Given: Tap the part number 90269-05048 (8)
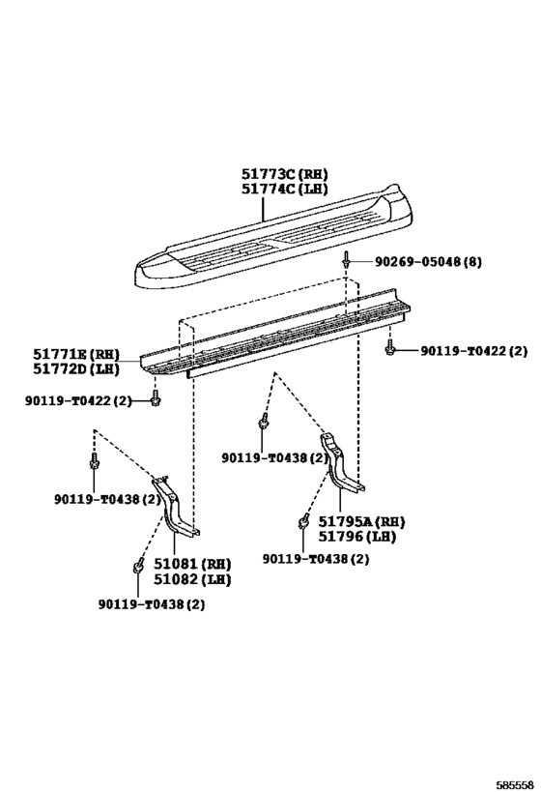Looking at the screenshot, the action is [427, 262].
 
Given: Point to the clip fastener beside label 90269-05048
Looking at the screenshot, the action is [347, 261].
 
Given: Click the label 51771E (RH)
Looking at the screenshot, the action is [76, 354].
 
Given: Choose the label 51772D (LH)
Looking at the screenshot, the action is [76, 368].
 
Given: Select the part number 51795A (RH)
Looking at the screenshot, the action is [361, 521].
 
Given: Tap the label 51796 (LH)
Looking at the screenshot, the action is [356, 537].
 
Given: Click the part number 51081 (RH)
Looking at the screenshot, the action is [192, 564].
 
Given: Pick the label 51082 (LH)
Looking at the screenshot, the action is [192, 579].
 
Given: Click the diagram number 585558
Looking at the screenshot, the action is [515, 785].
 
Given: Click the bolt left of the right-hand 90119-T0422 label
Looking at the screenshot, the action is [389, 348].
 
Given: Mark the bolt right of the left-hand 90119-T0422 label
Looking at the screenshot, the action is [155, 399].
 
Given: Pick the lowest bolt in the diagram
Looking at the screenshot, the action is [136, 568].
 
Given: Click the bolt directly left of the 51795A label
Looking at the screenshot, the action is [303, 521].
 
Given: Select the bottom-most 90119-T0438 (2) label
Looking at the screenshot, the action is [152, 604].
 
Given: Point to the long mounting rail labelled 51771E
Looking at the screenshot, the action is [275, 334].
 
